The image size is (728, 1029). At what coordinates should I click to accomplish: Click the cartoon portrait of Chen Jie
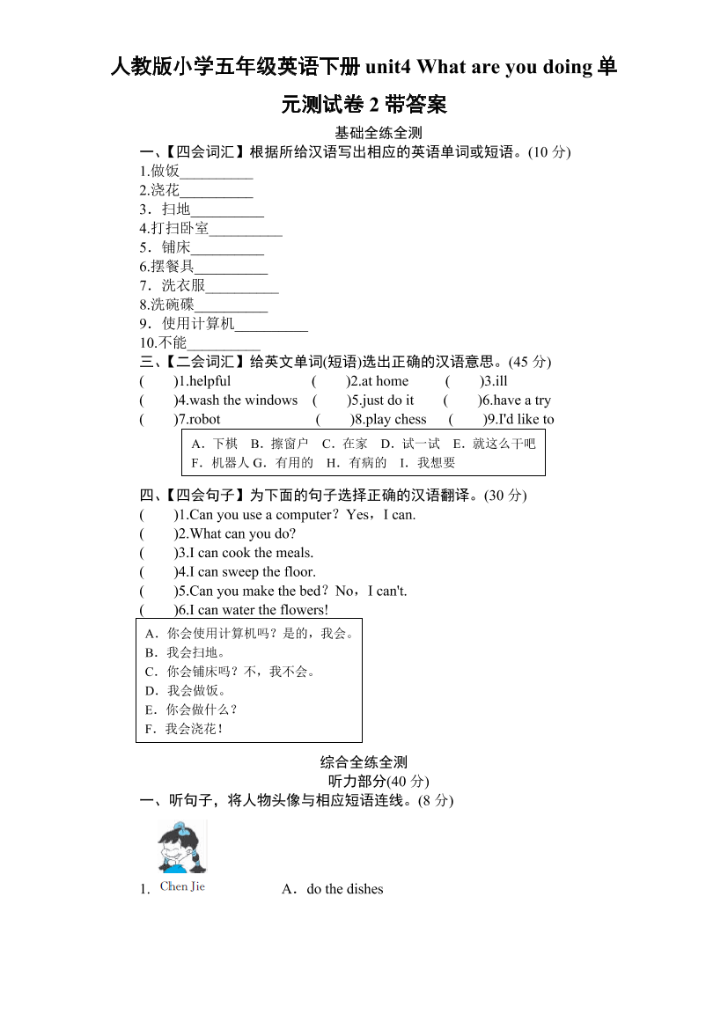pyautogui.click(x=182, y=848)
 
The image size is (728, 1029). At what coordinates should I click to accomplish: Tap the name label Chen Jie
pyautogui.click(x=182, y=886)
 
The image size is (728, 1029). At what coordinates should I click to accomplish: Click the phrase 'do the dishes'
pyautogui.click(x=344, y=889)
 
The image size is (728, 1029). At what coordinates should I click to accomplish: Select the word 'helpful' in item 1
pyautogui.click(x=210, y=381)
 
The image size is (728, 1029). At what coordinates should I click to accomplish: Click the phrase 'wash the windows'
pyautogui.click(x=244, y=401)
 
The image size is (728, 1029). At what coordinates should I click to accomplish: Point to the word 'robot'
pyautogui.click(x=205, y=420)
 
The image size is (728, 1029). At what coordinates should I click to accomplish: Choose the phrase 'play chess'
pyautogui.click(x=396, y=420)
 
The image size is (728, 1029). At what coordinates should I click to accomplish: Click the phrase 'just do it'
pyautogui.click(x=388, y=401)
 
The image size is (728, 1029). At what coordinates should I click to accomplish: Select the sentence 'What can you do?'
pyautogui.click(x=243, y=533)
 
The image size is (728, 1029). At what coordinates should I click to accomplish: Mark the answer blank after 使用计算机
pyautogui.click(x=272, y=325)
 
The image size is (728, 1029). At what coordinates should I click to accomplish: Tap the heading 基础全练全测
pyautogui.click(x=364, y=133)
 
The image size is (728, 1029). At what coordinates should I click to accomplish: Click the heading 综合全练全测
pyautogui.click(x=364, y=762)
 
